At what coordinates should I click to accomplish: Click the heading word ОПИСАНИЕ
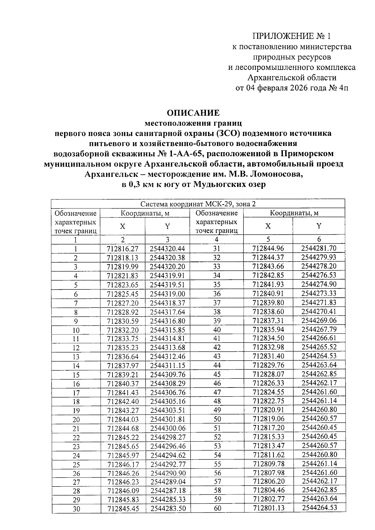(x=193, y=113)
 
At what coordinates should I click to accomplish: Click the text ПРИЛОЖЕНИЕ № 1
(x=291, y=36)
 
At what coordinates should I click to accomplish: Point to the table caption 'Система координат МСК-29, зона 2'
(x=198, y=204)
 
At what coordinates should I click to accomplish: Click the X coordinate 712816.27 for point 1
(x=122, y=249)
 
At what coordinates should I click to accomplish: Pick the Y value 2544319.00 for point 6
(x=167, y=294)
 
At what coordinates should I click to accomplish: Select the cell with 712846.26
(x=122, y=473)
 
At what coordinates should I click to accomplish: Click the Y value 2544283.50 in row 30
(x=168, y=509)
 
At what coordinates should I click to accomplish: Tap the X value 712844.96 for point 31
(x=268, y=248)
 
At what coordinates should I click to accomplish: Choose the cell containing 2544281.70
(x=319, y=248)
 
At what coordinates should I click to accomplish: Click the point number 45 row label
(x=217, y=374)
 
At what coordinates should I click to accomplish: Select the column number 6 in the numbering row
(x=319, y=239)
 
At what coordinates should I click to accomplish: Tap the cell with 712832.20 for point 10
(x=122, y=330)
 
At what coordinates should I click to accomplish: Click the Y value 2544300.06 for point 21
(x=168, y=428)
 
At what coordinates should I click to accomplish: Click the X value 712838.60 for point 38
(x=268, y=312)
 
